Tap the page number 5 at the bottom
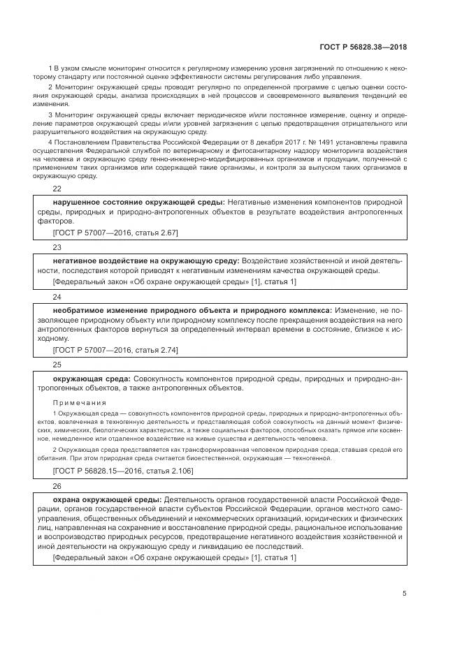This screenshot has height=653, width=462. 404,594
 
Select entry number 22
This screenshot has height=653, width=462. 57,189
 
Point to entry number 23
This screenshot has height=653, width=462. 57,247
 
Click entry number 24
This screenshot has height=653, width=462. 57,297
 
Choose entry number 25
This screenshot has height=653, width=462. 57,365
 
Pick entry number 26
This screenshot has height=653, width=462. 57,486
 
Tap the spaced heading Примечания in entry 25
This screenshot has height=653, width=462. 79,403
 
